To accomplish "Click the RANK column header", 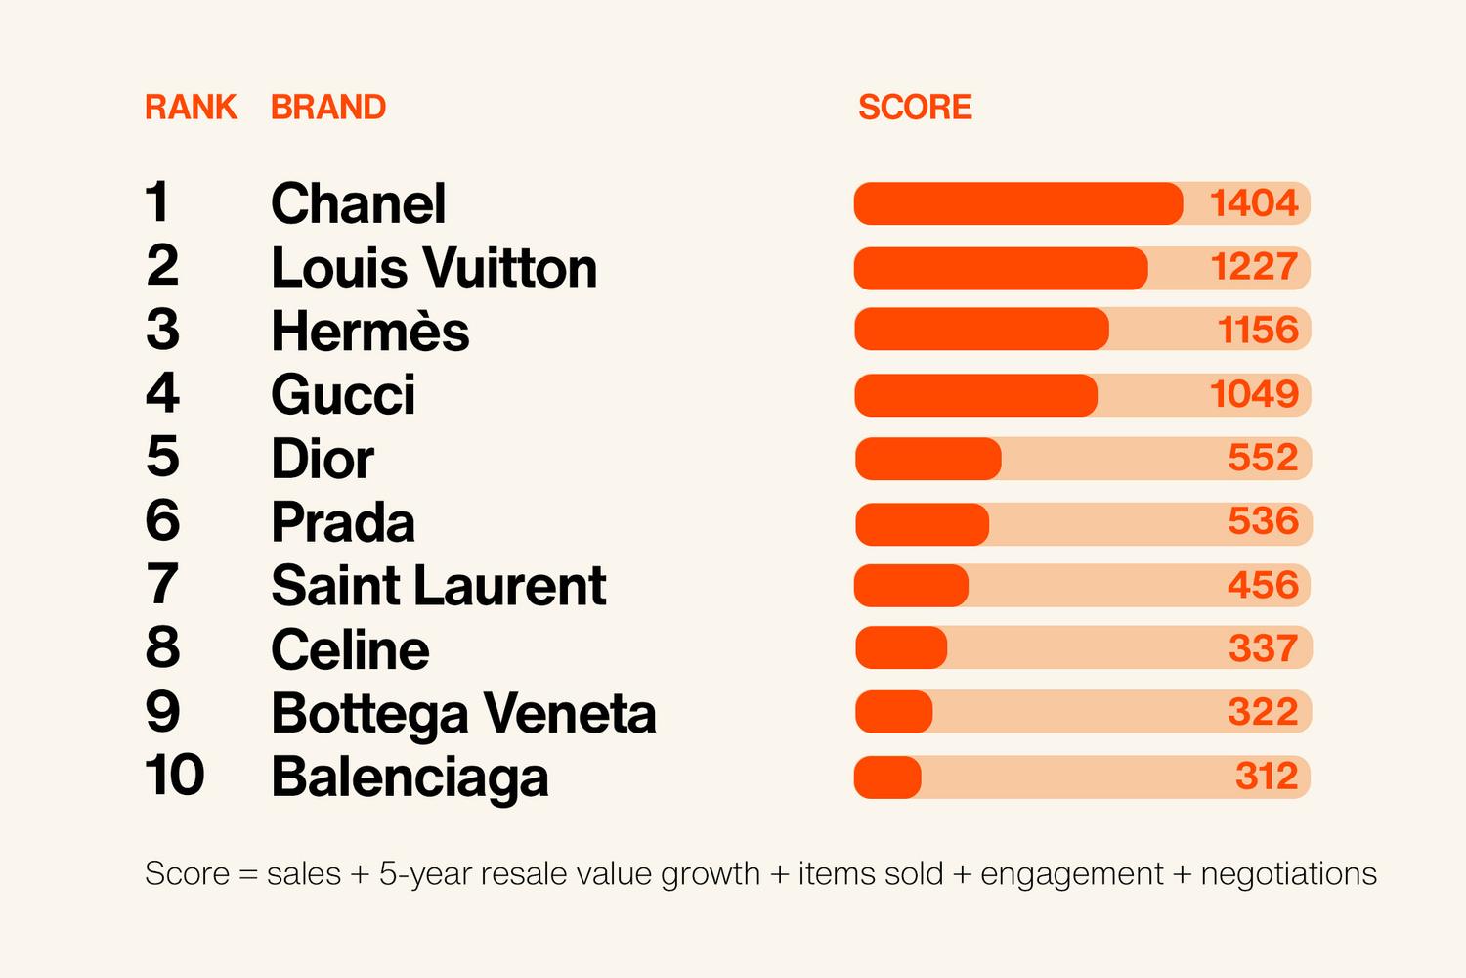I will [191, 107].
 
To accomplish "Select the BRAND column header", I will [328, 107].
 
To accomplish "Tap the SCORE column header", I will [915, 107].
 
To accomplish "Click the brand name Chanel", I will [358, 203].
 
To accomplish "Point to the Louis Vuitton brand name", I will [433, 268].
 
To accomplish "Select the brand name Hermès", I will [369, 332].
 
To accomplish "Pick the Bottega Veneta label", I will [463, 714].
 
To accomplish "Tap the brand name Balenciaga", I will [409, 778].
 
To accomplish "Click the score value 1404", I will [1254, 203].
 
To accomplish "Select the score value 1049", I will [1254, 394].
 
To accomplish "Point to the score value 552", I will [1263, 458].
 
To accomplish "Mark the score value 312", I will [1267, 777].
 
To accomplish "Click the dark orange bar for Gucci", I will [975, 395].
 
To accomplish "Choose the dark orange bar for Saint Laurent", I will [911, 586].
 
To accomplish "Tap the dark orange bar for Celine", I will [900, 648].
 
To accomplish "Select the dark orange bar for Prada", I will [922, 524].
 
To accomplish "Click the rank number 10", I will [175, 776].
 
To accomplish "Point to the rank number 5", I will [162, 457].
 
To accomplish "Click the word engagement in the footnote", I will [1071, 873].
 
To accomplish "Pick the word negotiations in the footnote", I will [1288, 873].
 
